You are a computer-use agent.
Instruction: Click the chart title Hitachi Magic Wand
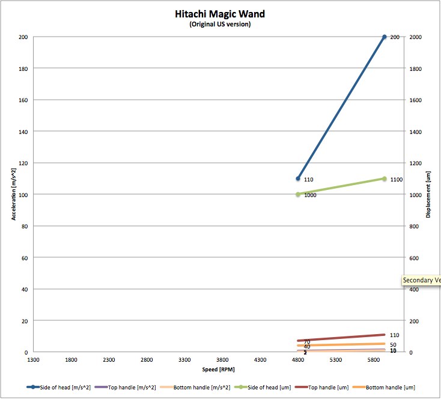click(x=220, y=14)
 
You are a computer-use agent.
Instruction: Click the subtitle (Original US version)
click(x=220, y=25)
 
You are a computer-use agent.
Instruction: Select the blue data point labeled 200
click(x=385, y=37)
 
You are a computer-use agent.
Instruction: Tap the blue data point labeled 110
click(x=298, y=178)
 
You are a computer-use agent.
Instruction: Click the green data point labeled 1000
click(x=298, y=195)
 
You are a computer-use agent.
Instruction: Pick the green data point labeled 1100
click(x=385, y=179)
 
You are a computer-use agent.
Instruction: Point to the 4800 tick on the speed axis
click(x=298, y=360)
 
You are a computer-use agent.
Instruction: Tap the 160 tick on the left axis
click(x=23, y=100)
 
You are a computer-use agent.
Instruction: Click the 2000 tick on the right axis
click(x=415, y=37)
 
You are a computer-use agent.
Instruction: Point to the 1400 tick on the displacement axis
click(x=415, y=132)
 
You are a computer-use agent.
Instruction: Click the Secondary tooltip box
click(x=421, y=281)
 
